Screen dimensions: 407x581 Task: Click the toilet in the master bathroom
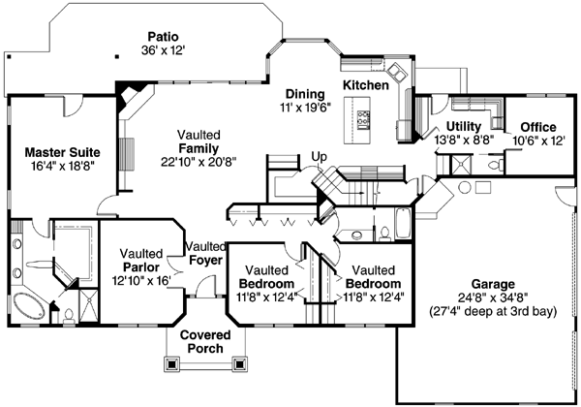[x=69, y=313]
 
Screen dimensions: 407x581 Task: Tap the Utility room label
[x=464, y=127]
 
